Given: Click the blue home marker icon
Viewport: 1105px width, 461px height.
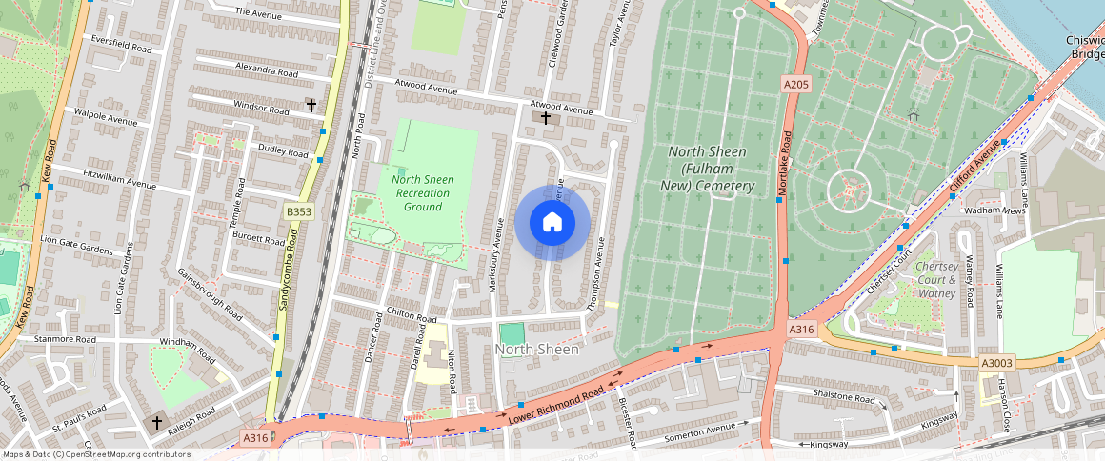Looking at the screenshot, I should click(x=552, y=223).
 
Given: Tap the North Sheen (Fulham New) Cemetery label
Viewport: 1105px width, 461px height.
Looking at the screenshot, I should click(x=707, y=169).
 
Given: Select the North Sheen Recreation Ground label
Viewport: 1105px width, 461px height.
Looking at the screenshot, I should click(x=422, y=193).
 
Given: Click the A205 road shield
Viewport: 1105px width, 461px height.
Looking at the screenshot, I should click(x=796, y=84).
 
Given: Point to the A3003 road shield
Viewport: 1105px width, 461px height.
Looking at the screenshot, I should click(x=996, y=363).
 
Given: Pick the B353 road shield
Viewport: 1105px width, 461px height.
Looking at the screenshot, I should click(x=299, y=211).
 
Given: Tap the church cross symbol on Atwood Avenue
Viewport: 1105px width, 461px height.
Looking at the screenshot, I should click(x=546, y=118).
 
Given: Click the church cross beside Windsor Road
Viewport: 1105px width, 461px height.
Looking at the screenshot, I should click(x=310, y=104).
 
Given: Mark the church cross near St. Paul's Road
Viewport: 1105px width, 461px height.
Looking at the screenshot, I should click(x=157, y=421).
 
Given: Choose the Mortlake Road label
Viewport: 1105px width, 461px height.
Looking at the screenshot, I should click(x=784, y=170).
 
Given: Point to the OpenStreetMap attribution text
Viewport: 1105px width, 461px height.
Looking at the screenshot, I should click(x=96, y=454).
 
